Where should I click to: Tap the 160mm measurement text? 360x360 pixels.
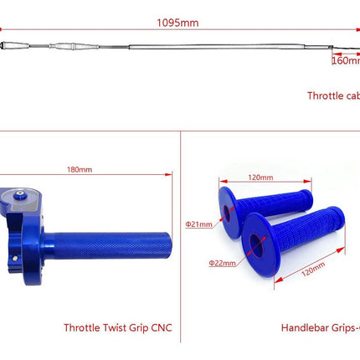[346, 59]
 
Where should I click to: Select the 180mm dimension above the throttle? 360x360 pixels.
[80, 170]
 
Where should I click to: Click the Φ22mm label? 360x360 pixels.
[221, 262]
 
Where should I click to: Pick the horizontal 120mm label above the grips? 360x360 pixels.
[260, 177]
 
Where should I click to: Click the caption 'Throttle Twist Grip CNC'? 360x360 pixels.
[118, 327]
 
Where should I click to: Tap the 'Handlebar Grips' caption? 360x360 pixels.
[317, 327]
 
